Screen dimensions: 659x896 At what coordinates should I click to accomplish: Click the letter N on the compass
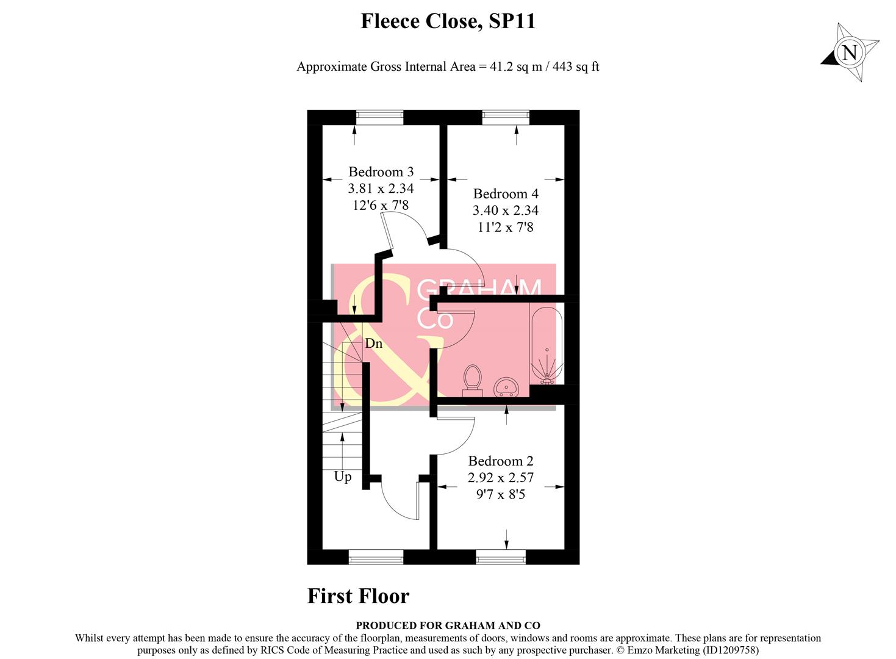[x=849, y=52]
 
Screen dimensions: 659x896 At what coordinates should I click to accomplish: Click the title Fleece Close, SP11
[x=448, y=21]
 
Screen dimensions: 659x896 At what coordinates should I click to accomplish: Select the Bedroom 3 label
[x=381, y=172]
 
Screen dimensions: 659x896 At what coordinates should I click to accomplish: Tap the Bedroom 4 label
[x=506, y=194]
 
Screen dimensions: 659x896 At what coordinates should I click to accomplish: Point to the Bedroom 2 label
[x=500, y=461]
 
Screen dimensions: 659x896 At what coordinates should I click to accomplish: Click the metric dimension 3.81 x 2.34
[x=381, y=189]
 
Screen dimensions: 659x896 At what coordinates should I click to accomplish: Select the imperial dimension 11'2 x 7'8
[x=506, y=227]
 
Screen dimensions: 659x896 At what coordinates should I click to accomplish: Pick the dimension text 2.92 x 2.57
[x=500, y=478]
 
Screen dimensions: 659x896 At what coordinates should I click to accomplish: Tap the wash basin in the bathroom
[x=506, y=386]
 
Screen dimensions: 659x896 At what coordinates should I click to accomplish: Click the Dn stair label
[x=373, y=344]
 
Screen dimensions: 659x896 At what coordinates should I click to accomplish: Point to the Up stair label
[x=343, y=477]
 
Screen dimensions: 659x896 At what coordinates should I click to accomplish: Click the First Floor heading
[x=358, y=596]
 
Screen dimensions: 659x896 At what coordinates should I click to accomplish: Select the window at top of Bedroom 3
[x=379, y=117]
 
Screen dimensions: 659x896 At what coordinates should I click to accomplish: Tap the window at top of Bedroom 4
[x=505, y=117]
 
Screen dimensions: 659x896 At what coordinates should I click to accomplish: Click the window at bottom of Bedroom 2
[x=500, y=556]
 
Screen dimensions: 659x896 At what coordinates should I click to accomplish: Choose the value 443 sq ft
[x=575, y=67]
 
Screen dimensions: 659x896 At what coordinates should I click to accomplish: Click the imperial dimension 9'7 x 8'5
[x=500, y=494]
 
